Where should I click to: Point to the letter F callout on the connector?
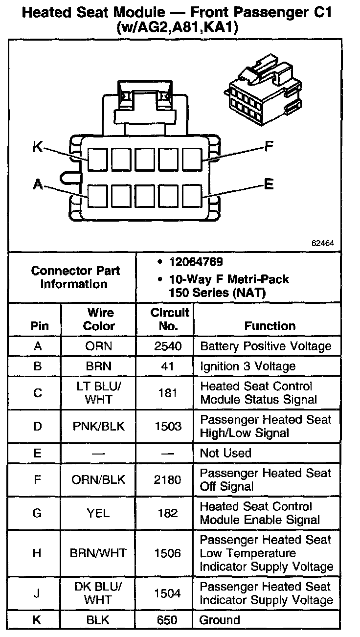coord(269,146)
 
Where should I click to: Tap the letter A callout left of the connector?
coord(38,184)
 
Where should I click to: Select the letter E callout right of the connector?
coord(269,184)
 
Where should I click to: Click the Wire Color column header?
coord(99,319)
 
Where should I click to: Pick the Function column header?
coord(270,326)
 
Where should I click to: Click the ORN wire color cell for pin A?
coord(99,346)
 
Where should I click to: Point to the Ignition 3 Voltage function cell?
coord(248,366)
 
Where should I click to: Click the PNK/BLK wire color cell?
coord(99,426)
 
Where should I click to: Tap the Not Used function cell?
coord(225,453)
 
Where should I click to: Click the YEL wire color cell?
coord(99,513)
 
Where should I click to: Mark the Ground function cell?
coord(220,620)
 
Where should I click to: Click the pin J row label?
coord(38,593)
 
